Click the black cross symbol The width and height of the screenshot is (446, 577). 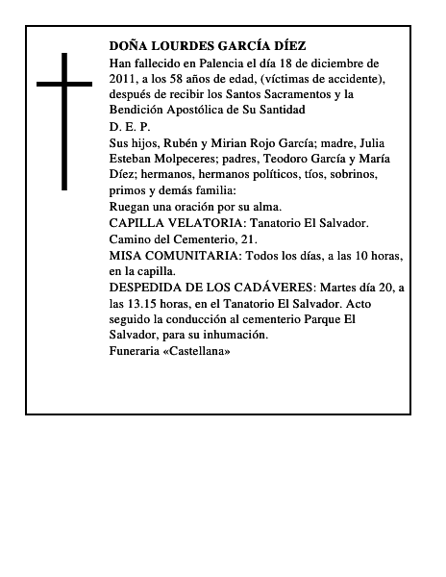(x=66, y=119)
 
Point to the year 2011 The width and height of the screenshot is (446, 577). (x=124, y=79)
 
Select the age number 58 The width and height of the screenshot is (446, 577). (x=198, y=79)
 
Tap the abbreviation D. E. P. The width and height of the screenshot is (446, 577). (x=130, y=127)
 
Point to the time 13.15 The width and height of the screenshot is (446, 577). (x=143, y=303)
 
